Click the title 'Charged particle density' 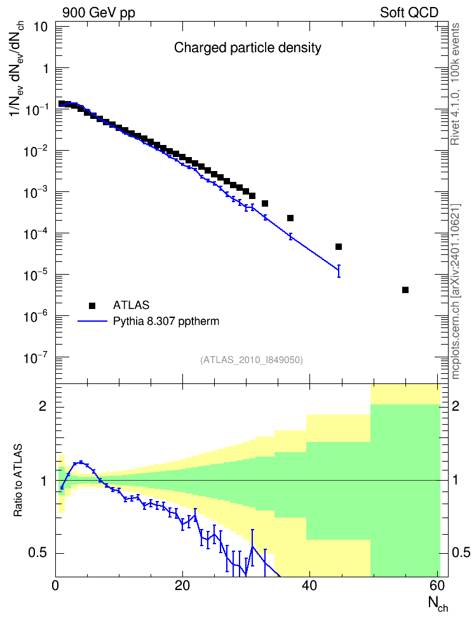coord(247,48)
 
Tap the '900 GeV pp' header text coord(98,13)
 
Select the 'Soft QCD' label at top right coord(409,13)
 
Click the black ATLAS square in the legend coord(92,305)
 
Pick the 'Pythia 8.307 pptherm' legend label coord(166,321)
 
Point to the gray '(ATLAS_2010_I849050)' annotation coord(252,360)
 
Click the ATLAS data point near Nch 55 coord(405,290)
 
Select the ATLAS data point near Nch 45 coord(339,247)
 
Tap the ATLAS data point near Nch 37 coord(290,218)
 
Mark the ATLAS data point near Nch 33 coord(265,203)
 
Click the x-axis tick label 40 coord(309,586)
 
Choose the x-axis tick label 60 coord(437,586)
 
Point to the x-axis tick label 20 coord(182,586)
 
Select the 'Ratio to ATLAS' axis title coord(18,480)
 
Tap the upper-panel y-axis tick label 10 coord(41,27)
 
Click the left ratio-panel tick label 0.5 coord(38,553)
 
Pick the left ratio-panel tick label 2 coord(43,407)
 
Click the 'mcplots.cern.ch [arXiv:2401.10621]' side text coord(456,291)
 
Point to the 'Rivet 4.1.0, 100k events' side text coord(455,85)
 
